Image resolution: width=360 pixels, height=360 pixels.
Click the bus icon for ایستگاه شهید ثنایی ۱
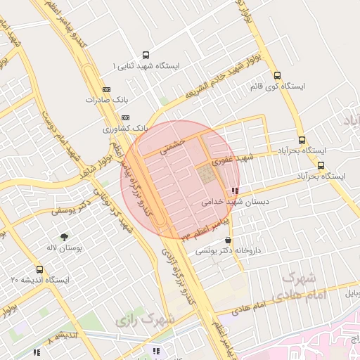pyautogui.click(x=146, y=55)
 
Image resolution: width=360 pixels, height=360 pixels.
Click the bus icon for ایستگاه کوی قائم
pyautogui.click(x=277, y=76)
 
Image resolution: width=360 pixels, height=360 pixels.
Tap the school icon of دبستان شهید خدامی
pyautogui.click(x=234, y=191)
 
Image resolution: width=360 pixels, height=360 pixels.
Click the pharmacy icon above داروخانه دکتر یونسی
pyautogui.click(x=226, y=240)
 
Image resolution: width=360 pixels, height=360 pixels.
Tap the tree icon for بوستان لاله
pyautogui.click(x=65, y=238)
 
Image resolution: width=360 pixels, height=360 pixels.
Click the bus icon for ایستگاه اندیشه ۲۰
pyautogui.click(x=39, y=269)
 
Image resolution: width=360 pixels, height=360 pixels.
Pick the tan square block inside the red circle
pyautogui.click(x=207, y=175)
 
